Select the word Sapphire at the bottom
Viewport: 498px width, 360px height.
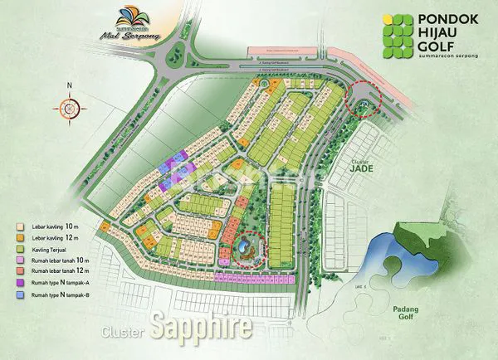click(x=202, y=326)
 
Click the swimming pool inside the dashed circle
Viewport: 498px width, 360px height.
click(x=245, y=246)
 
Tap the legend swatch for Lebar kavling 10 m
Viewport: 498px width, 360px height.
click(x=20, y=226)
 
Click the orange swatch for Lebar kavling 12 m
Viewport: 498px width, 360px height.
click(x=20, y=237)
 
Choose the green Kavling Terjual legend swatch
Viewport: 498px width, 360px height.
click(x=20, y=248)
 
